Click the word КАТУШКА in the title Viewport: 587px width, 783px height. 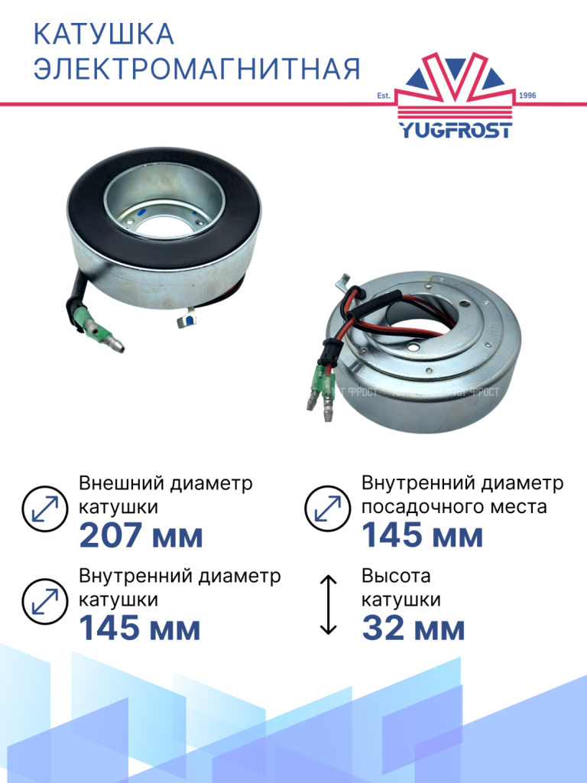[x=103, y=34]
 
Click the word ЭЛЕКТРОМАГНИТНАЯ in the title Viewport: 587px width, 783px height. [x=196, y=68]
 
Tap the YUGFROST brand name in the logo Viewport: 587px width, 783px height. [x=455, y=130]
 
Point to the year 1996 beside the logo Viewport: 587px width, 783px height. [x=527, y=96]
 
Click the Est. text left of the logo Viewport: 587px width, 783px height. [x=384, y=96]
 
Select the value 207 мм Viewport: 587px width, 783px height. [x=141, y=535]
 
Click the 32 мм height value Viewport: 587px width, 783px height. [x=413, y=628]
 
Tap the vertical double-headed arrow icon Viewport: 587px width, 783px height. [x=328, y=605]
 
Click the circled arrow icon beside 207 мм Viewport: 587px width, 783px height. [x=45, y=508]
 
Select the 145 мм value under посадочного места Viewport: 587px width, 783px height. [x=422, y=535]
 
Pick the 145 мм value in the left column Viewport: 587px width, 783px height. [x=140, y=628]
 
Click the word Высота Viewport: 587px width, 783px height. [x=396, y=576]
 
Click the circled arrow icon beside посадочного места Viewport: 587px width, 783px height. [x=327, y=508]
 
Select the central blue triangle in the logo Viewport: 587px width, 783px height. [x=455, y=66]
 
